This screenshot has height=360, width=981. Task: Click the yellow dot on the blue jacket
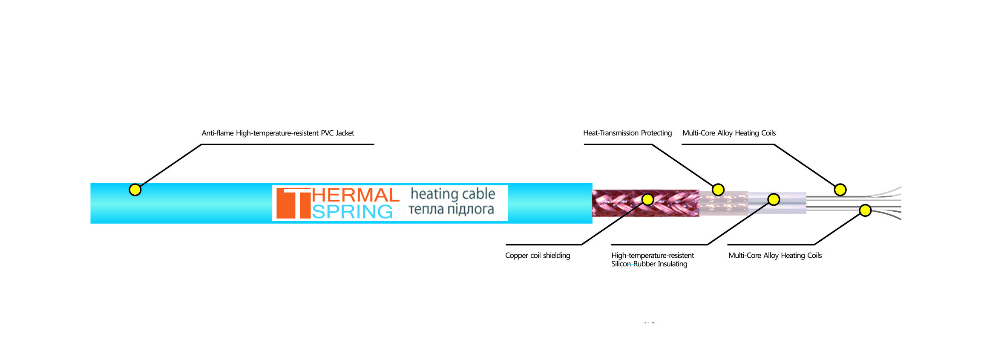pyautogui.click(x=135, y=190)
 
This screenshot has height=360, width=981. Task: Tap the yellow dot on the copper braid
pyautogui.click(x=647, y=199)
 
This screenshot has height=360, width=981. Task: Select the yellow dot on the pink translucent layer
pyautogui.click(x=718, y=190)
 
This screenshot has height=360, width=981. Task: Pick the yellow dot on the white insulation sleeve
pyautogui.click(x=774, y=199)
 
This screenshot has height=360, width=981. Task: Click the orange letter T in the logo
pyautogui.click(x=293, y=203)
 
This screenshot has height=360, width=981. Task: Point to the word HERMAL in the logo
pyautogui.click(x=356, y=195)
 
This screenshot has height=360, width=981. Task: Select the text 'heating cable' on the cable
pyautogui.click(x=453, y=194)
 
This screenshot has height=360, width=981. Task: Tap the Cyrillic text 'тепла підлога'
pyautogui.click(x=451, y=209)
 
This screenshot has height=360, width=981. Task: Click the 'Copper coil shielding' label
pyautogui.click(x=538, y=256)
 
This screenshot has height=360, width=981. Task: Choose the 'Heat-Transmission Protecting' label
pyautogui.click(x=627, y=133)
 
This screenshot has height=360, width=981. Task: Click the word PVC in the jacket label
pyautogui.click(x=327, y=133)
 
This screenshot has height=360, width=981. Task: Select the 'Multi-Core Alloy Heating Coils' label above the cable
pyautogui.click(x=729, y=133)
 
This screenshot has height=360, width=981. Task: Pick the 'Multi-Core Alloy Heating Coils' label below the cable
pyautogui.click(x=775, y=256)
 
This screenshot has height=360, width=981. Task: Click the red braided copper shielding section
pyautogui.click(x=646, y=203)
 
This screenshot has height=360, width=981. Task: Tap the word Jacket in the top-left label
pyautogui.click(x=345, y=133)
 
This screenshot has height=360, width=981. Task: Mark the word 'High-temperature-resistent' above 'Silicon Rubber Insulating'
pyautogui.click(x=653, y=256)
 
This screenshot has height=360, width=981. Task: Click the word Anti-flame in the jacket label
pyautogui.click(x=218, y=133)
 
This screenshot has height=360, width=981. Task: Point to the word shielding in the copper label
pyautogui.click(x=556, y=256)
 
